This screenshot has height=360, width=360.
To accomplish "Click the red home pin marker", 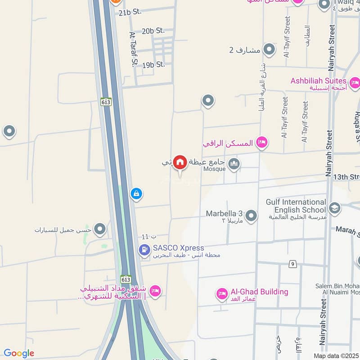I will (x=180, y=162).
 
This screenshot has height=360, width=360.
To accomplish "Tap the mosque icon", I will (x=234, y=164).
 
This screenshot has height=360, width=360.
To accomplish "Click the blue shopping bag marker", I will (x=136, y=194).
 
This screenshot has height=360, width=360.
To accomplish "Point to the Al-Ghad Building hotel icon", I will (x=222, y=294).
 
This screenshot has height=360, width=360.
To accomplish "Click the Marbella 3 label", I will (x=224, y=213).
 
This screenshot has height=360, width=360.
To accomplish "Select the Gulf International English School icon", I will (x=334, y=207).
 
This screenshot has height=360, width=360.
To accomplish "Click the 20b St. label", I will (x=153, y=31).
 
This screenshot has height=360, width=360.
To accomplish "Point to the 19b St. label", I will (x=153, y=64).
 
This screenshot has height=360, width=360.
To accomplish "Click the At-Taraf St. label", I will (x=133, y=49).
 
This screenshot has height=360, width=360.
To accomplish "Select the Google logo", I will (x=19, y=353).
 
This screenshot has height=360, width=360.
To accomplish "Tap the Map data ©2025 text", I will (x=335, y=355).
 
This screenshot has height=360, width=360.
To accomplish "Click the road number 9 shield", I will (x=293, y=264).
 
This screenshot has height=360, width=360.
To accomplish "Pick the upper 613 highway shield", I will (x=106, y=102).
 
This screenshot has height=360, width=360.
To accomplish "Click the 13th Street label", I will (x=346, y=177).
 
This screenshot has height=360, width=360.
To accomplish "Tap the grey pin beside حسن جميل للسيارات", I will (x=99, y=229).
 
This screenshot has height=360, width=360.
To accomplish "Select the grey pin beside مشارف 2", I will (x=269, y=49).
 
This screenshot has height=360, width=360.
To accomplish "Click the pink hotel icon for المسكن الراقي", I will (x=261, y=143).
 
